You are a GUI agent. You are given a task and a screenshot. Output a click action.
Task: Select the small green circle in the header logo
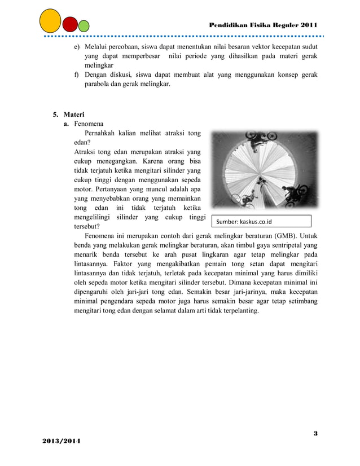84,26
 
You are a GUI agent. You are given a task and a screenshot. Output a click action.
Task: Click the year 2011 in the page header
309,25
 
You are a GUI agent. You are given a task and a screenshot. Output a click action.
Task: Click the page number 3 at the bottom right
315,433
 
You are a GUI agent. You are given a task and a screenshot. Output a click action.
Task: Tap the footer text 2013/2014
60,439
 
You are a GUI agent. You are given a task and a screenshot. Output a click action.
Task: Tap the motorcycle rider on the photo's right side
295,195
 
